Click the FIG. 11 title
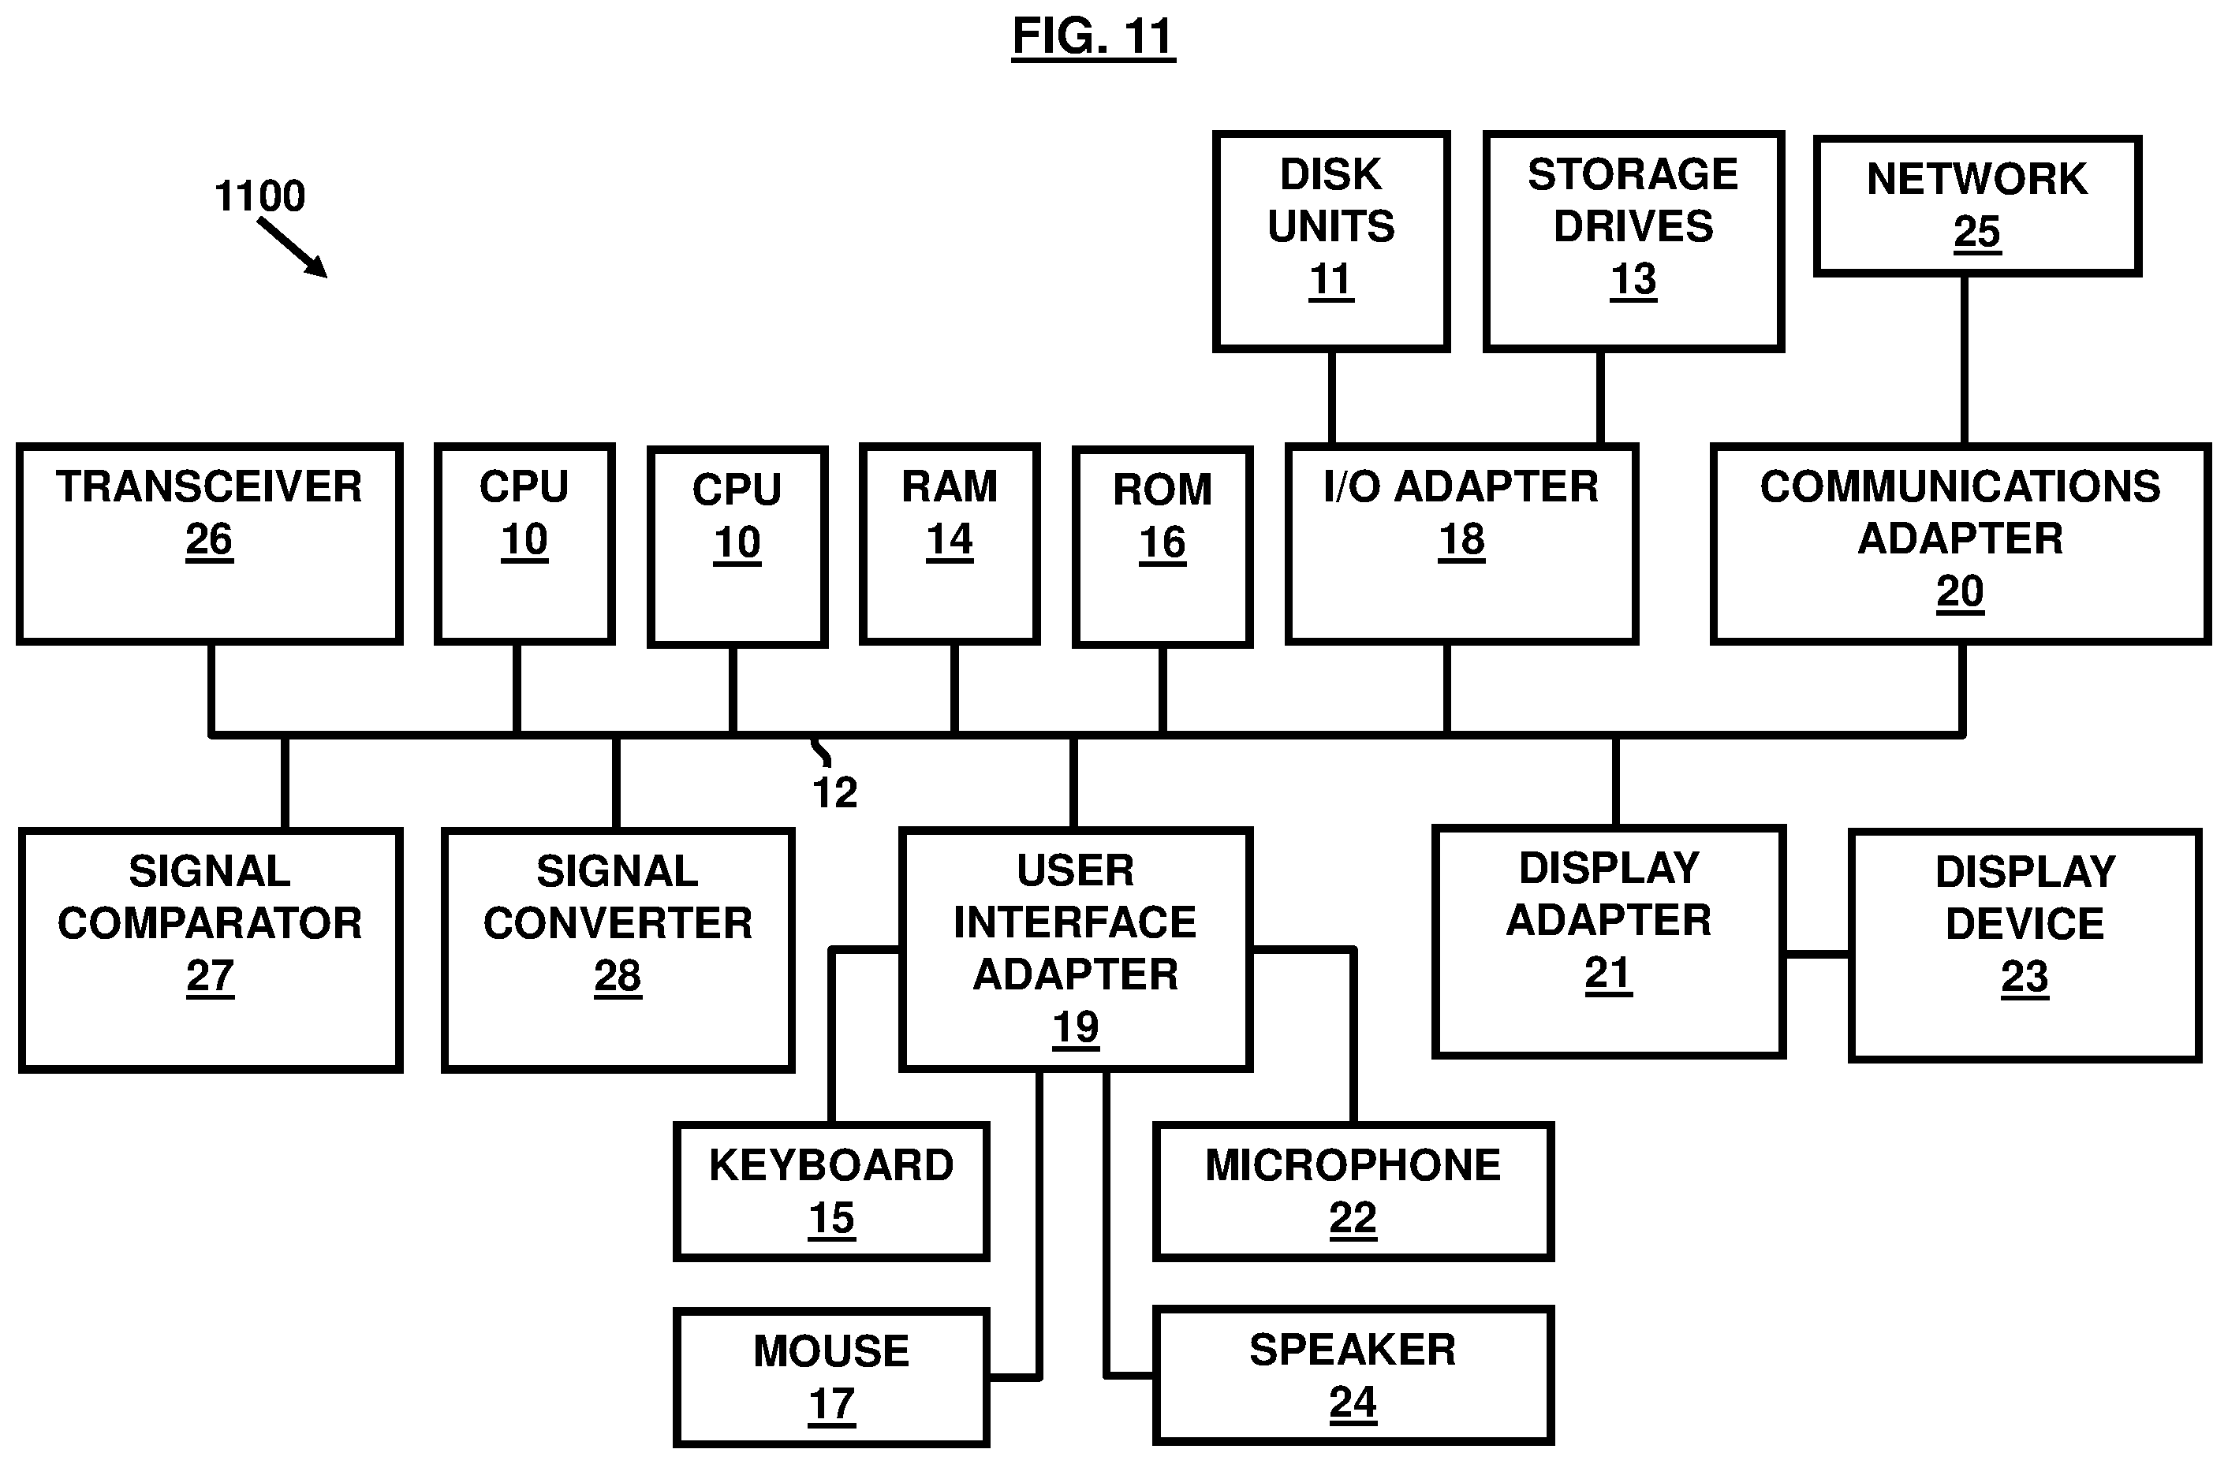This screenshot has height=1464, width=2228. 1092,37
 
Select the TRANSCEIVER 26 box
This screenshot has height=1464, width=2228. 210,543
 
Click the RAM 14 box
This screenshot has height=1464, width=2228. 950,543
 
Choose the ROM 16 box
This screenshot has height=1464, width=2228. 1162,546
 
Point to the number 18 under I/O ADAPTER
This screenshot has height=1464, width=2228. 1461,540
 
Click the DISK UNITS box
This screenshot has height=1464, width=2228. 1330,240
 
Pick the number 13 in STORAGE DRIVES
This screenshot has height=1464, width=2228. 1633,279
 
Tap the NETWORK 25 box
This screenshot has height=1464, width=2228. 1976,206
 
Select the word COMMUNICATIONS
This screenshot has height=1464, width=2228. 1959,486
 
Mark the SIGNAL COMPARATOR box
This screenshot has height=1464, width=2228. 211,948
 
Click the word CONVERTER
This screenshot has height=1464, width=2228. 617,924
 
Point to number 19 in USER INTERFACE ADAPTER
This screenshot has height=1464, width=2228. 1075,1027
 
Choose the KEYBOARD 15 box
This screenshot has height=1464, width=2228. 831,1190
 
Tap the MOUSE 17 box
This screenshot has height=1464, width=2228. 831,1376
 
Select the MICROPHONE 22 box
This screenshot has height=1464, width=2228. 1353,1190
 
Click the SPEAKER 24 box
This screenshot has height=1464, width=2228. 1353,1374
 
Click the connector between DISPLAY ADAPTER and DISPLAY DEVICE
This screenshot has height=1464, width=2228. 1817,954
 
